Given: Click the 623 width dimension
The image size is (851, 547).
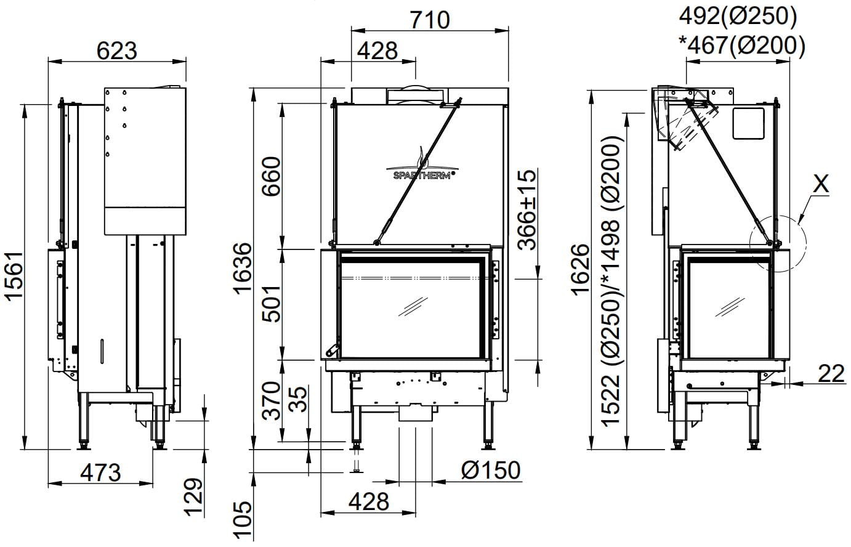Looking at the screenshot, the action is (x=116, y=51).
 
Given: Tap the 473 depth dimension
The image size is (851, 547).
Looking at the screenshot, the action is (x=100, y=472).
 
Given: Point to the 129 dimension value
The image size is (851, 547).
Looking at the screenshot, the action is (x=194, y=497).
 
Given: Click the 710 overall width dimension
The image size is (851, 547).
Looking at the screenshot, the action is (x=430, y=20).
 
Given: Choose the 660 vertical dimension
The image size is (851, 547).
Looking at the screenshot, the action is (x=272, y=176).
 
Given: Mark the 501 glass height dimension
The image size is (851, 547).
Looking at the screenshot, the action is (x=272, y=303).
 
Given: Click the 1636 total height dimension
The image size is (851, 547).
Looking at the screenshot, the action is (x=243, y=269).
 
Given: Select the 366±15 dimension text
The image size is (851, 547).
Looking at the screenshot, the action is (x=527, y=210).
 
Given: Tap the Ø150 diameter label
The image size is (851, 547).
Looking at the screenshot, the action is (x=491, y=470).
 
